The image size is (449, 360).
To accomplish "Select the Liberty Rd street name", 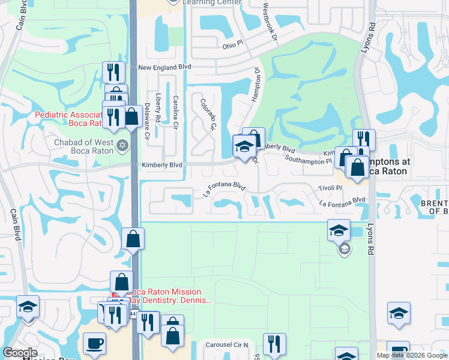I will pyautogui.click(x=158, y=106).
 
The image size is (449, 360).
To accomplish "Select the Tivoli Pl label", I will pyautogui.click(x=330, y=188).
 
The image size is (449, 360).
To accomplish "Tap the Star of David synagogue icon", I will pyautogui.click(x=123, y=144).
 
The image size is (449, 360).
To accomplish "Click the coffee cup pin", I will pyautogui.click(x=95, y=344).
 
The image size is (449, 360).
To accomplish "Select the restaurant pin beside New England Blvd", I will pyautogui.click(x=113, y=73).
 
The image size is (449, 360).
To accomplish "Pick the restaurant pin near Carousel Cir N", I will pyautogui.click(x=274, y=344).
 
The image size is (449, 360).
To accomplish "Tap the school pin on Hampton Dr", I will pyautogui.click(x=244, y=146).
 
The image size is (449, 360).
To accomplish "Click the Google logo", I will pyautogui.click(x=20, y=353).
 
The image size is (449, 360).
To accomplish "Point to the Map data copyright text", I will pyautogui.click(x=412, y=355).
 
